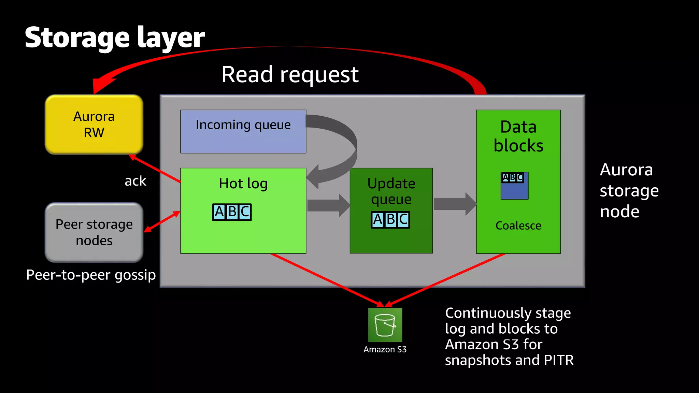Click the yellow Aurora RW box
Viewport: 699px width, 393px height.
coord(94,125)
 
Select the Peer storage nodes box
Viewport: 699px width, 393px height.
coord(94,232)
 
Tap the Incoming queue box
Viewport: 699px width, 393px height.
coord(243,131)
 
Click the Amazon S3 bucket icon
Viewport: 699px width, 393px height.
coord(385,325)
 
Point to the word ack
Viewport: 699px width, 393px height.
coord(135,181)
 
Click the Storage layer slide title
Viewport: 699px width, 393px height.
coord(115,38)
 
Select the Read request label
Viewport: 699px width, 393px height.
coord(290,74)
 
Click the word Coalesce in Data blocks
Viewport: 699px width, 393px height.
coord(518,226)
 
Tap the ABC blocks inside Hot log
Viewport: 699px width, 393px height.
coord(232,212)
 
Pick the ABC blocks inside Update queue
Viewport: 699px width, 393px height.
coord(390,220)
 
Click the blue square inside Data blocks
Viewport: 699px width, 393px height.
coord(514,190)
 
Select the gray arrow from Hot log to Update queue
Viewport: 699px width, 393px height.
coord(328,205)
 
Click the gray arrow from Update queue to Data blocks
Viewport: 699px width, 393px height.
coord(454,204)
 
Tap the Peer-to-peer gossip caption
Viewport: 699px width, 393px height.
coord(91,275)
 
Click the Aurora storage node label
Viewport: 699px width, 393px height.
coord(629,190)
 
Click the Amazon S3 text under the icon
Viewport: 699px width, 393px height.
coord(385,350)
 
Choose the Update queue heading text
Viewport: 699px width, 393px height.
coord(391,191)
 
